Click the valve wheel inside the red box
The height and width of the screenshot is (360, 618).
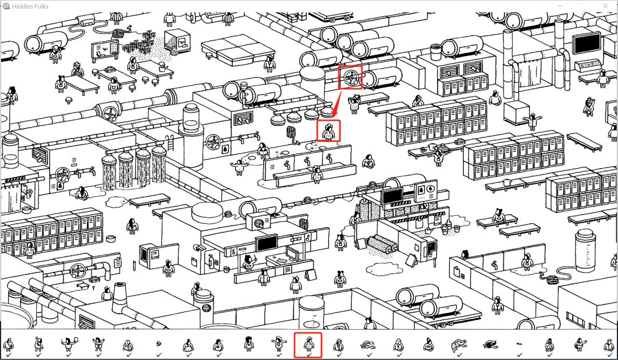click(x=350, y=78)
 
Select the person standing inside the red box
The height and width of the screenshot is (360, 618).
click(x=328, y=132)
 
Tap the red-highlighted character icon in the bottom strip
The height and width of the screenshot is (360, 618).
click(x=308, y=345)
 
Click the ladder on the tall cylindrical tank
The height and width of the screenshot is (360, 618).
click(x=171, y=143)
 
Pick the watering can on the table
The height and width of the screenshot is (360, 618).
click(x=161, y=67)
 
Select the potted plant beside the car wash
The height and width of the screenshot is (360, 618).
click(x=445, y=228)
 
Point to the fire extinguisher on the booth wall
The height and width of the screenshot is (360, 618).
click(x=211, y=260)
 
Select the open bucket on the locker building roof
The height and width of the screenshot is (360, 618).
click(x=435, y=52)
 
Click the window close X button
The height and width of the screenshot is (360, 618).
click(x=605, y=6)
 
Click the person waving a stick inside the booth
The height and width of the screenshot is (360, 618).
click(x=249, y=262)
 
